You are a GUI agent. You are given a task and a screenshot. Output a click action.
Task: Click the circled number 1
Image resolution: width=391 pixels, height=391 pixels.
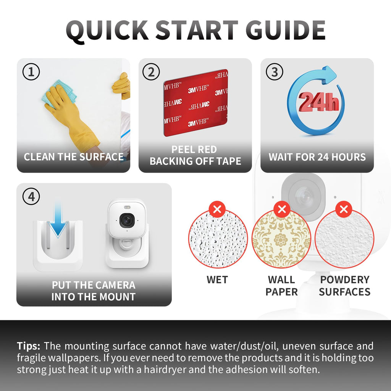point(31,72)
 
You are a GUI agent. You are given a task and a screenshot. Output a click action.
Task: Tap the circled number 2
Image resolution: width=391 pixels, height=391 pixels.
point(151,72)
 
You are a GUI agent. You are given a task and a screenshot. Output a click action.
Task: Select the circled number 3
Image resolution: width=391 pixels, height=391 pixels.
point(274,72)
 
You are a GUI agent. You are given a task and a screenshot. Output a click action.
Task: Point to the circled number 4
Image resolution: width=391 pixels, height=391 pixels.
point(31,197)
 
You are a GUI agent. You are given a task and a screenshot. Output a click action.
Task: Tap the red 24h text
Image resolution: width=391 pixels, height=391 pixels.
point(319,102)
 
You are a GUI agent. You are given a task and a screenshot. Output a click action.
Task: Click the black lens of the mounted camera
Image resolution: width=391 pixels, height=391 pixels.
point(127,220)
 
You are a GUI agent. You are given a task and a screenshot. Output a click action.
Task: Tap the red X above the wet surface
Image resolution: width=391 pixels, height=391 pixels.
point(217,209)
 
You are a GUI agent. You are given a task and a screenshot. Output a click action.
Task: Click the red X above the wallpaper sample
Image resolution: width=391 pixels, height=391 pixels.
point(282,209)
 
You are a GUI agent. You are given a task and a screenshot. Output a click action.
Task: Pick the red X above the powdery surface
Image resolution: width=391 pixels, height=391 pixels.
point(344,209)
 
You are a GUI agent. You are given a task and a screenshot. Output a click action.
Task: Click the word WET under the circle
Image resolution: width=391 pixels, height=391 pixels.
point(217,280)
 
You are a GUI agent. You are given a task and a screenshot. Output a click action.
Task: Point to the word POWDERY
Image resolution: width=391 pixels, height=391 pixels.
point(345,280)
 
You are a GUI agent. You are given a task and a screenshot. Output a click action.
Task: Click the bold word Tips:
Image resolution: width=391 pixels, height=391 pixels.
point(28,346)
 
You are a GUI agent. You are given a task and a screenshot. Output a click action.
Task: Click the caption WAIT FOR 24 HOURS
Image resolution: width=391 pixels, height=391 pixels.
point(317,157)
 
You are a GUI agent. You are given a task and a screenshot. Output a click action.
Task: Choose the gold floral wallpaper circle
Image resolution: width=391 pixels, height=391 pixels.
point(281,239)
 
